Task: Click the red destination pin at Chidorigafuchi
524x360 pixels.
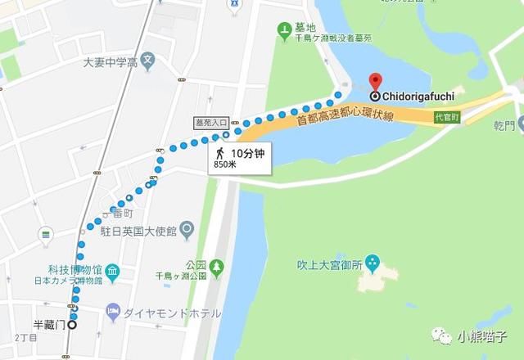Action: [375, 81]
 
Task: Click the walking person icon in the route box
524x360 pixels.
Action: [219, 152]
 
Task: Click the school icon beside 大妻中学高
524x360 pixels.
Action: [147, 59]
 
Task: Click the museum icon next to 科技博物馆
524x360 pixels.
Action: [114, 270]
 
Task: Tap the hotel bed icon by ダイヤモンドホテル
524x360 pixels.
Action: [114, 312]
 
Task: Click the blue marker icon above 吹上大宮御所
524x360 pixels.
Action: [373, 263]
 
